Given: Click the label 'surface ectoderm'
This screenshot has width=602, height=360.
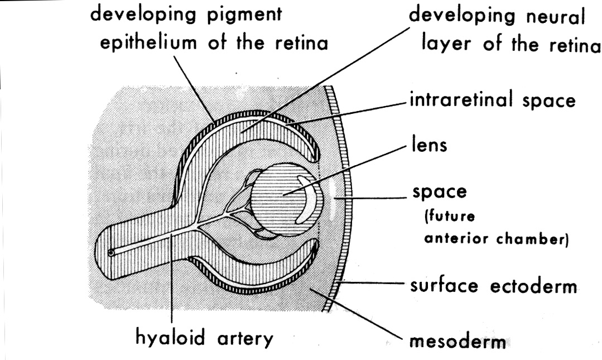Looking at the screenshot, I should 493,286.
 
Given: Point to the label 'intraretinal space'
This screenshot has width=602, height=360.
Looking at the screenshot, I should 492,102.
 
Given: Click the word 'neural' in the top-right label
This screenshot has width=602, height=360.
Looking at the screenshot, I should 550,16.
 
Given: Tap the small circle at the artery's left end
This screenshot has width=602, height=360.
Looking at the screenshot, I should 112,252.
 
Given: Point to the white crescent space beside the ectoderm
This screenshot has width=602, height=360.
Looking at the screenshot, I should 334,198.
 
